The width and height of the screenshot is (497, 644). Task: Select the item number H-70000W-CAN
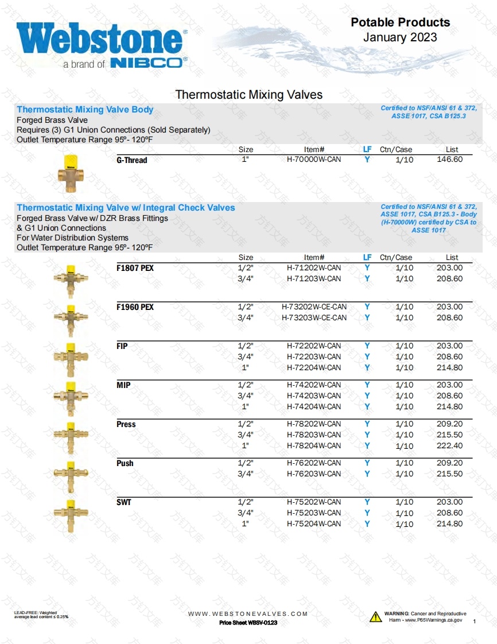point(313,160)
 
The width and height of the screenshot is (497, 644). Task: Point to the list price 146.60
point(449,160)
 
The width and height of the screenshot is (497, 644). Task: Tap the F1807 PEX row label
point(135,268)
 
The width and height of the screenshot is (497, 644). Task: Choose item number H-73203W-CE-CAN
point(314,318)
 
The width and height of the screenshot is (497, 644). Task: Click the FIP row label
point(122,346)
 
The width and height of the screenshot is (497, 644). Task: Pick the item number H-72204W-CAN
point(313,368)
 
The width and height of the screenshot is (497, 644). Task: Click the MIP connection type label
point(123,385)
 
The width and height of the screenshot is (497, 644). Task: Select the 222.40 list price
point(449,446)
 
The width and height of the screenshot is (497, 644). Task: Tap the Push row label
point(125,463)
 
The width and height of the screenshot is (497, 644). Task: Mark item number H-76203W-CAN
point(313,474)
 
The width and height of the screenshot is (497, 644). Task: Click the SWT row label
point(123,502)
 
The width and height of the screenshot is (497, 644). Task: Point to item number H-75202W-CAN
point(313,502)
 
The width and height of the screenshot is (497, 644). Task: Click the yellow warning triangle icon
point(375,617)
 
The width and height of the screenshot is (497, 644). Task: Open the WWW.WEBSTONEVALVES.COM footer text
point(248,614)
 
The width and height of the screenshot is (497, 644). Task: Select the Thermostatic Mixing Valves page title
point(248,95)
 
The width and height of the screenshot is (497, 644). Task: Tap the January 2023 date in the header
point(400,37)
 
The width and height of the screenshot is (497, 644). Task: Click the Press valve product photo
point(71,434)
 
